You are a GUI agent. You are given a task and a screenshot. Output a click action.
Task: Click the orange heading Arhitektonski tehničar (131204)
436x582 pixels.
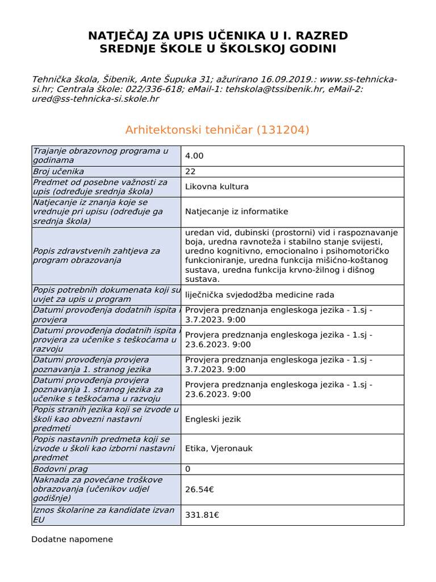click(217, 130)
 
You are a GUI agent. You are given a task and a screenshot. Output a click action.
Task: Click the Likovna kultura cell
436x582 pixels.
click(217, 186)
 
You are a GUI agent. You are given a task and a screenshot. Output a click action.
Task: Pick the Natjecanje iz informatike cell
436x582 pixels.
click(236, 211)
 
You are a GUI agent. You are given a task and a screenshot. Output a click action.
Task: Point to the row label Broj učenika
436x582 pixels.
click(58, 171)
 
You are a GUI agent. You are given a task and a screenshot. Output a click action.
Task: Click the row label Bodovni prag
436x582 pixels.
click(60, 469)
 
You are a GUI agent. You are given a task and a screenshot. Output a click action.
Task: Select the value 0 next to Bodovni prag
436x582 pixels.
click(188, 469)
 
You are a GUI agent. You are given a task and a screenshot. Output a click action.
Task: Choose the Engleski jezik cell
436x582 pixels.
click(213, 419)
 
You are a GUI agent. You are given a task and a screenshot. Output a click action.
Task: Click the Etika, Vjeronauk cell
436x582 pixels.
click(219, 448)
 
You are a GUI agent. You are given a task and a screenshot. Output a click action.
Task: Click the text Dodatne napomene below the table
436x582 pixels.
click(72, 539)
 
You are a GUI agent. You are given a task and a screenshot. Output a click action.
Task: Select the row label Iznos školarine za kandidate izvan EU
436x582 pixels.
click(103, 515)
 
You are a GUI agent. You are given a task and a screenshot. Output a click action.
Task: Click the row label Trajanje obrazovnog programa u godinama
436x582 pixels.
click(100, 156)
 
